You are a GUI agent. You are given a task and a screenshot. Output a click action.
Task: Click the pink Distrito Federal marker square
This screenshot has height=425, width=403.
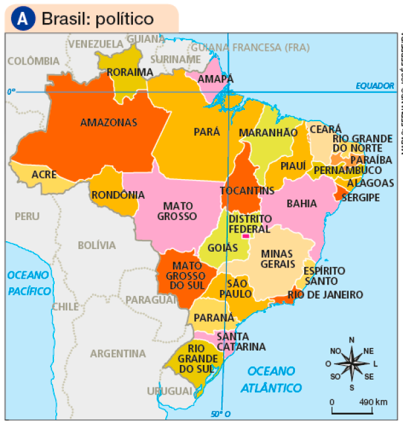pyautogui.click(x=246, y=236)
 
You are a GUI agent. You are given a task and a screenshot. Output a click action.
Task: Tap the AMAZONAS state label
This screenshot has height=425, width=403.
pyautogui.click(x=108, y=123)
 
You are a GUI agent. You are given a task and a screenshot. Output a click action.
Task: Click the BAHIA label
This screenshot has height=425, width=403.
pyautogui.click(x=302, y=204)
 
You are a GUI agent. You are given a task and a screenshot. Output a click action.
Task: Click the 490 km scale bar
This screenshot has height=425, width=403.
pyautogui.click(x=352, y=412)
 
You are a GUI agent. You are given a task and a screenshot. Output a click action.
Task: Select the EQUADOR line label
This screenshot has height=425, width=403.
pyautogui.click(x=374, y=86)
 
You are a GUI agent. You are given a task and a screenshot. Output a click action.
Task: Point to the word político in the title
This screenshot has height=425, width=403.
pyautogui.click(x=115, y=19)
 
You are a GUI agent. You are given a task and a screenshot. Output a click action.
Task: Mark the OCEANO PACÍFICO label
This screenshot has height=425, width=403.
pyautogui.click(x=29, y=283)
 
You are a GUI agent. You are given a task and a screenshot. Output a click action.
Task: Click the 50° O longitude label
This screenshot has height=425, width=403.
pyautogui.click(x=221, y=414)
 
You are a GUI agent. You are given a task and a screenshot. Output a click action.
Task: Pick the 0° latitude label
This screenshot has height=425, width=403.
pyautogui.click(x=11, y=92)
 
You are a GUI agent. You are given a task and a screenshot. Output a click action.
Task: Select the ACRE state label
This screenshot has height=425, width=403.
pyautogui.click(x=44, y=175)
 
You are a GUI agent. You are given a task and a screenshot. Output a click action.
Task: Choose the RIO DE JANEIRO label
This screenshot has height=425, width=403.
pyautogui.click(x=325, y=295)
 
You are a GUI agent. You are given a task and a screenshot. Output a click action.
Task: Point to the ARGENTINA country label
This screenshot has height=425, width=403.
pyautogui.click(x=118, y=353)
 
